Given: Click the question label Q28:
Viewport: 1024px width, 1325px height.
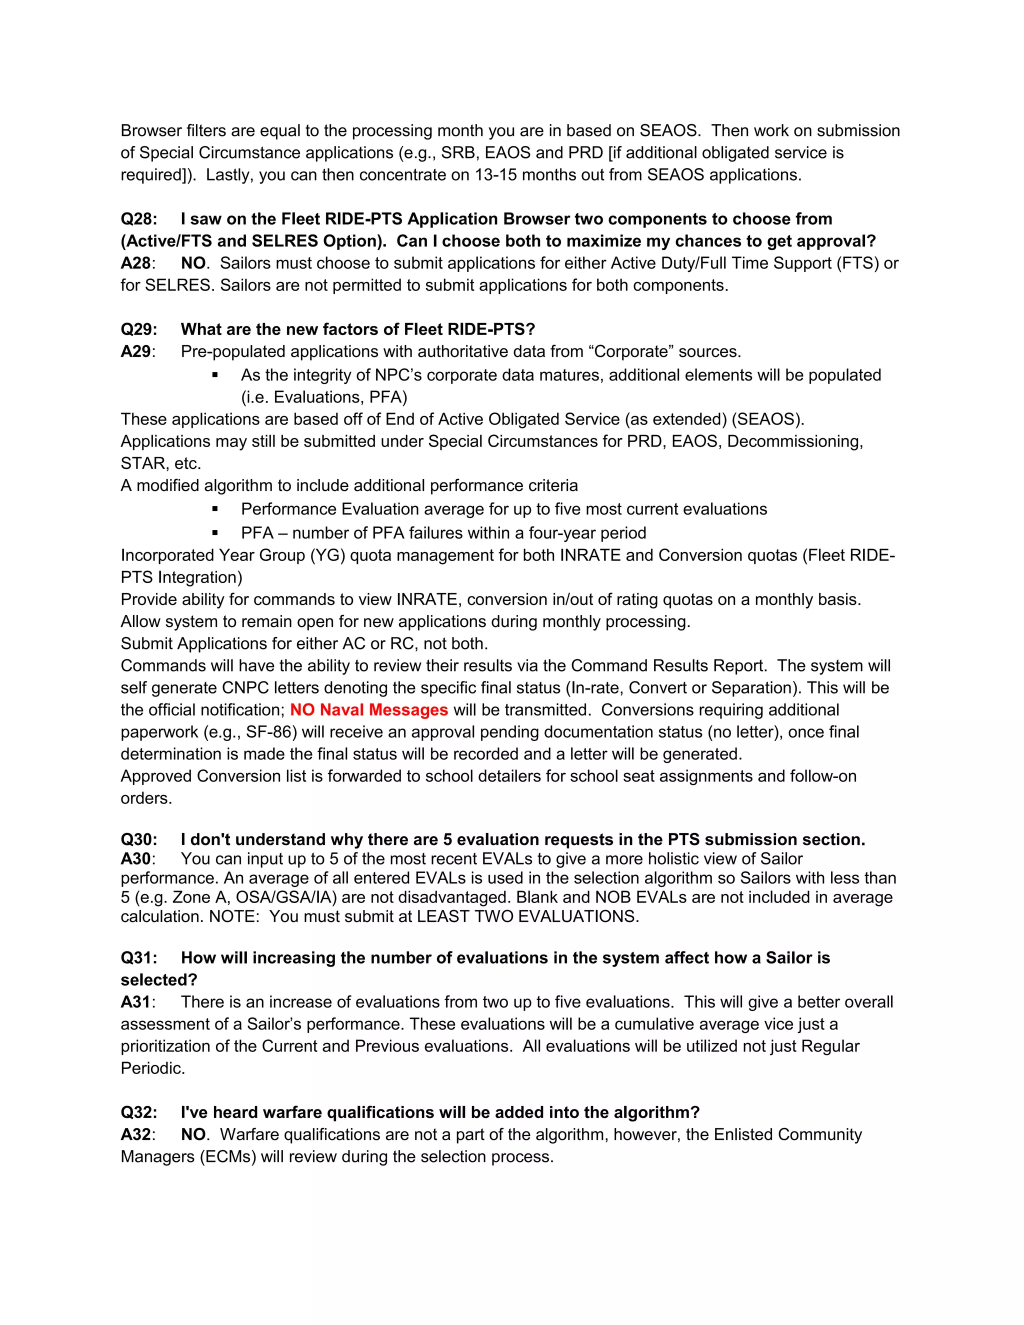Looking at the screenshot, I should point(139,219).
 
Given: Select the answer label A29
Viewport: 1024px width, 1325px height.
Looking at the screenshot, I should point(136,352).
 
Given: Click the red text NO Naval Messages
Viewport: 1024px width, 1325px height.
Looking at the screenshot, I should point(369,710).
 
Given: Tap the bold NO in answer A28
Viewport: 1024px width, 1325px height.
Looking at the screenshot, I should point(193,263).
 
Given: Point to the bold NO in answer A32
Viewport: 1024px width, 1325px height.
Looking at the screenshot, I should point(193,1134).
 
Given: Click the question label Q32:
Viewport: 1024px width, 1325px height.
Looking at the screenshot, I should point(139,1112).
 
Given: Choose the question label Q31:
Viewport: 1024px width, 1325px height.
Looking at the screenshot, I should point(139,958).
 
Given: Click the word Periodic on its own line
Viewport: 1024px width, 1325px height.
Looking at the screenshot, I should point(152,1068).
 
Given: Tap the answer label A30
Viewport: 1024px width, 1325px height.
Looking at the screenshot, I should point(136,859).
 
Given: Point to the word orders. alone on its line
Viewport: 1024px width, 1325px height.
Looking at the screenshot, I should point(146,798).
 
